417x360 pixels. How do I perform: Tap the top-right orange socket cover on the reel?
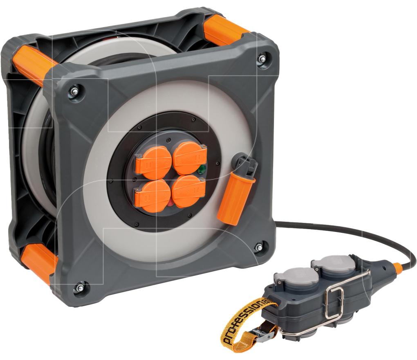(190, 158)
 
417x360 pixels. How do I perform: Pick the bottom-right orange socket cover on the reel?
(188, 191)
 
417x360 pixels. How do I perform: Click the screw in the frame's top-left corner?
(75, 91)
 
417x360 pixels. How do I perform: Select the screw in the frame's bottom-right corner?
(258, 248)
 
